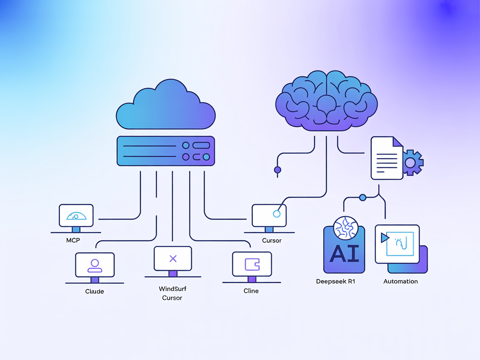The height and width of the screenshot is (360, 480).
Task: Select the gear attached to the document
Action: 412,162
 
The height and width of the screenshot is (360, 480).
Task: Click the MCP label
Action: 73,240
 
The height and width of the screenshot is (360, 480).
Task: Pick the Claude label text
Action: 95,291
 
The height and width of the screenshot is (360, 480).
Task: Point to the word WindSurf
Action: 172,289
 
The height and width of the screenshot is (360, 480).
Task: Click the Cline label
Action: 251,291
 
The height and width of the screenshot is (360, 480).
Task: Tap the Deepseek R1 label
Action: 335,281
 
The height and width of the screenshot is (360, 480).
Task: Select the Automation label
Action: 400,281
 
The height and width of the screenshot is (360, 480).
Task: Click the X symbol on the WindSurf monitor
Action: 173,259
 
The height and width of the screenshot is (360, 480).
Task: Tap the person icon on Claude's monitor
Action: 95,265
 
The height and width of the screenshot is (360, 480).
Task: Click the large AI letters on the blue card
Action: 344,253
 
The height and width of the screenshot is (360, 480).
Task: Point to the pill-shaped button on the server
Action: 201,145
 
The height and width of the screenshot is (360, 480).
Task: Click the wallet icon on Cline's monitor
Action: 252,264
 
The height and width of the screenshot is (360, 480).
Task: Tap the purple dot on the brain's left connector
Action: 277,170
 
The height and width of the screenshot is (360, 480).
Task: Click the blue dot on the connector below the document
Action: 362,197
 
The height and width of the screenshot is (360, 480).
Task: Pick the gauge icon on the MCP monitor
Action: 76,216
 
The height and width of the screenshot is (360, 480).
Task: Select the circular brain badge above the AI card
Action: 346,228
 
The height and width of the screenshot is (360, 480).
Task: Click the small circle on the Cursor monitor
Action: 276,214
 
